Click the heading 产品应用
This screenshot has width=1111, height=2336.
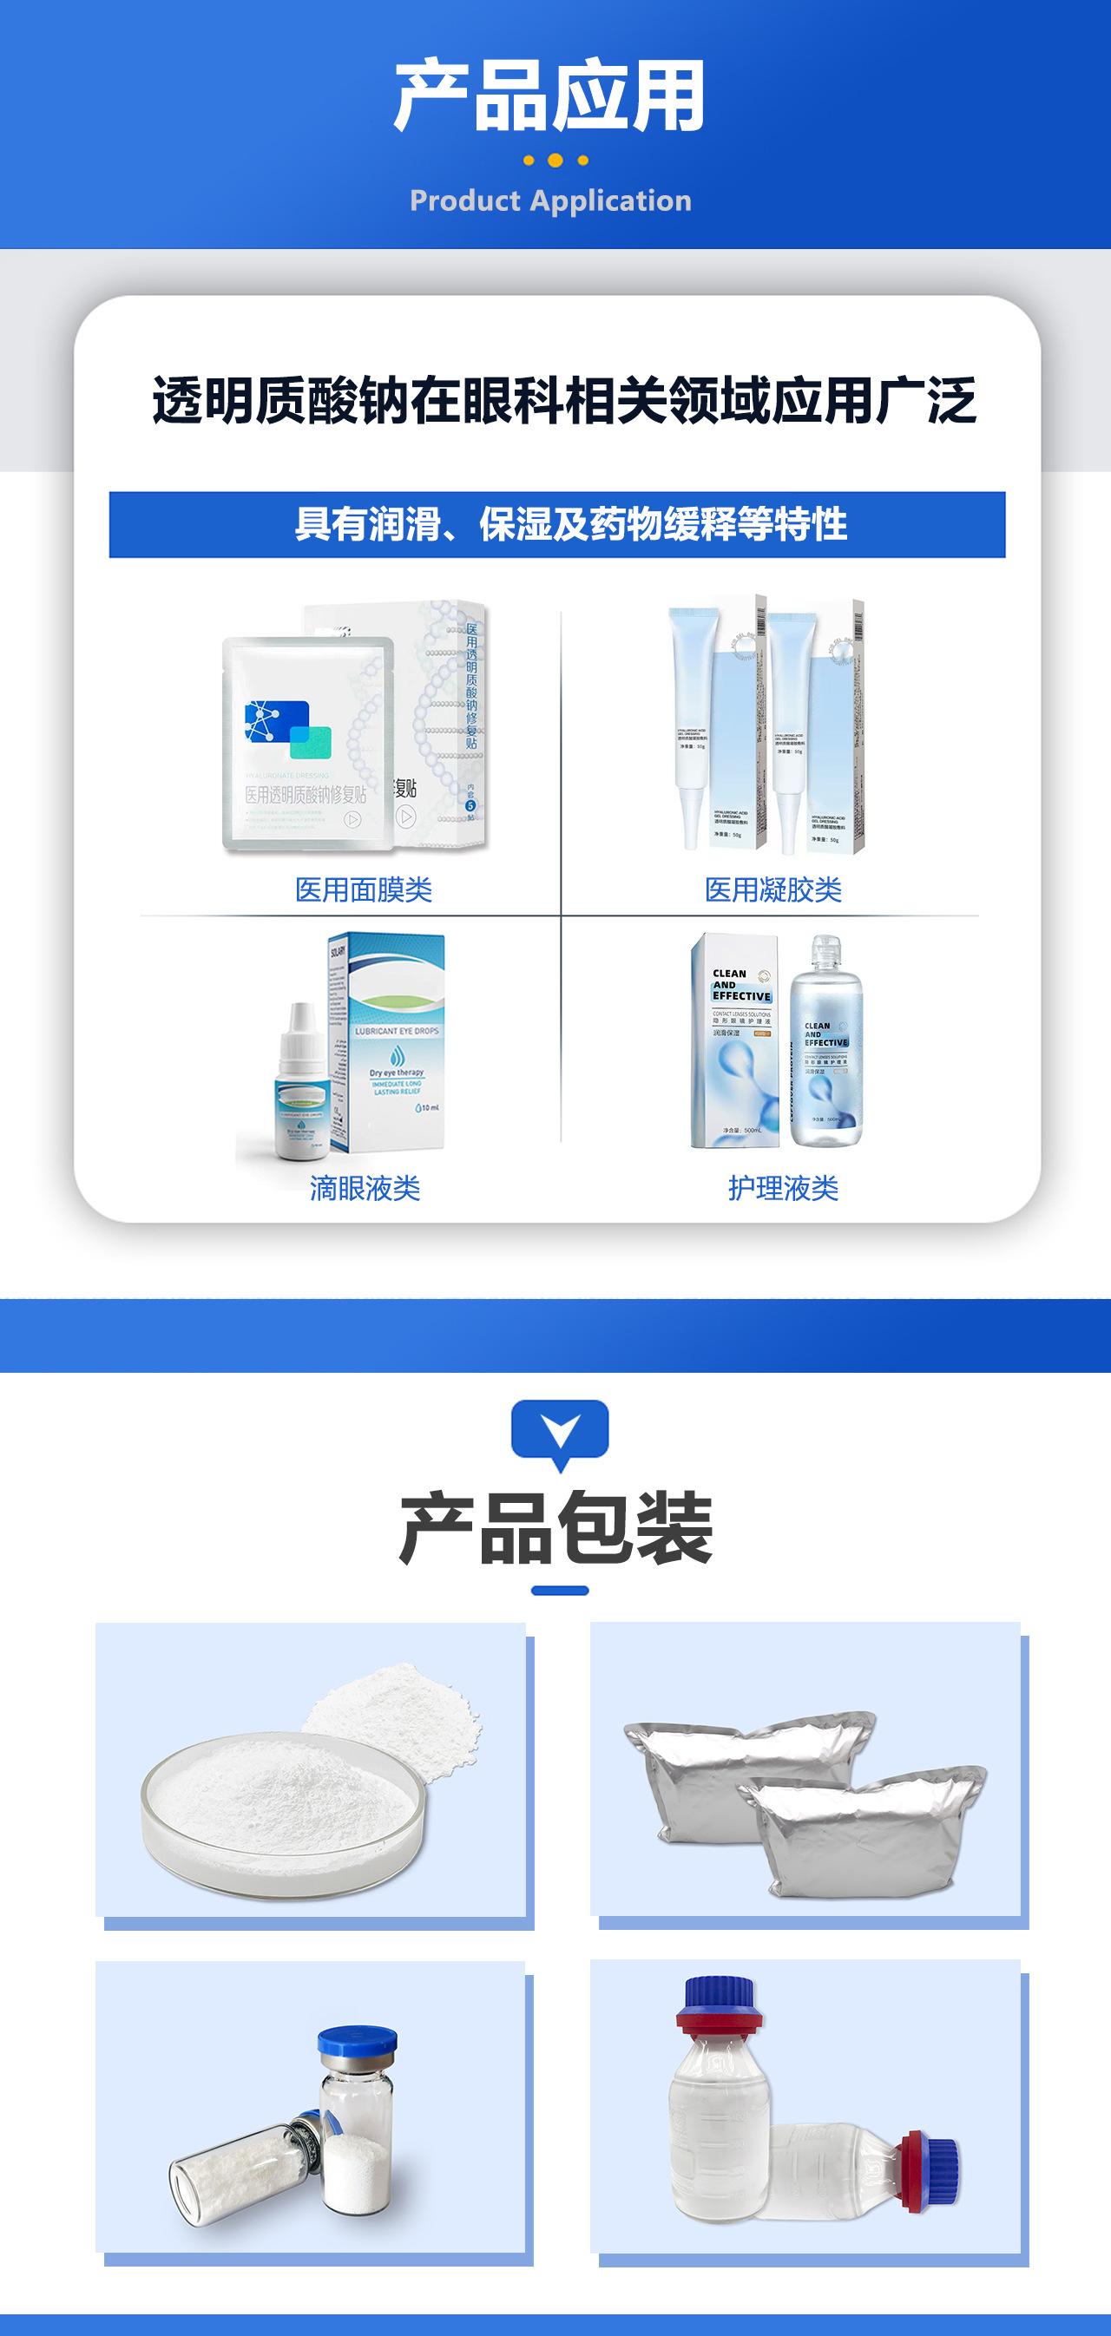(549, 96)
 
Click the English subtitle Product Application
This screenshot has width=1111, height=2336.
(550, 200)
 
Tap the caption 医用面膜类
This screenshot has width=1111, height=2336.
(364, 889)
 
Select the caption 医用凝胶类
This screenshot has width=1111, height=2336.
(772, 889)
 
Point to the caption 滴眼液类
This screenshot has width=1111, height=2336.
(365, 1188)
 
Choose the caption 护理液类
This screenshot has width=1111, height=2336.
(783, 1188)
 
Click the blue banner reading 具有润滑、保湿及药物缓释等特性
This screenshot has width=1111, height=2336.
(557, 524)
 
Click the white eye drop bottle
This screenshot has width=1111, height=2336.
(299, 1088)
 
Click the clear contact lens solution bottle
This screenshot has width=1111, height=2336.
(825, 1043)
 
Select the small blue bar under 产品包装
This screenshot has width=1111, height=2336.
(560, 1590)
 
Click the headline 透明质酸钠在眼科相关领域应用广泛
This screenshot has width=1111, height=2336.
(564, 401)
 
